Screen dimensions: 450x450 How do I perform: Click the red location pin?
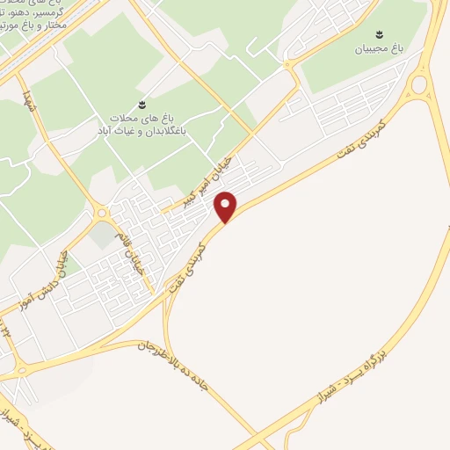point(227,207)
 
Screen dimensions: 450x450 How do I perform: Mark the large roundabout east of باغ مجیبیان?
point(418,84)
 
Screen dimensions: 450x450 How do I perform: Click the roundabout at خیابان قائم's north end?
point(103,213)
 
